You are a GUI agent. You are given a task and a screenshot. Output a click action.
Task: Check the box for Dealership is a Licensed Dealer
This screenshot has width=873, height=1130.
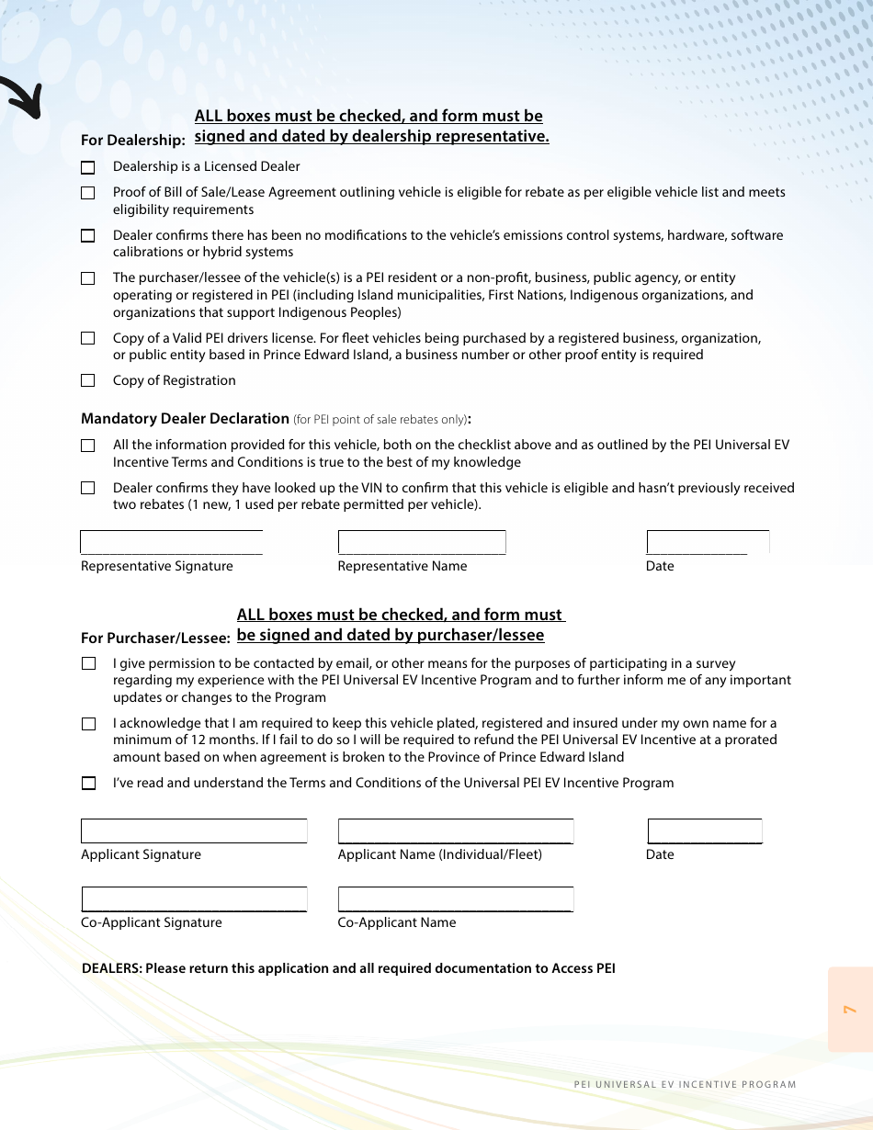tap(87, 167)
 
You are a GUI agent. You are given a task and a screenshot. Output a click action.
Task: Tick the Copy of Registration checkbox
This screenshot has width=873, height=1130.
tap(87, 380)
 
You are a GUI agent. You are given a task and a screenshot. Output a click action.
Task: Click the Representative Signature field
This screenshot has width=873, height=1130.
tap(172, 542)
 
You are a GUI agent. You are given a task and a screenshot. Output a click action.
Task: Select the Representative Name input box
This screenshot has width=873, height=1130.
tap(422, 542)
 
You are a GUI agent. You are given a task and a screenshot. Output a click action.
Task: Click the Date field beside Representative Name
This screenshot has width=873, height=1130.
tap(708, 542)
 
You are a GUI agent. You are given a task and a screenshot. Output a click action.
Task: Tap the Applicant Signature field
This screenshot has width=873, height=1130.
tap(194, 831)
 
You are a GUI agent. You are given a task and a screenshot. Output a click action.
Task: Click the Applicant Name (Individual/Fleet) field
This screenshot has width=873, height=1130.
tap(456, 831)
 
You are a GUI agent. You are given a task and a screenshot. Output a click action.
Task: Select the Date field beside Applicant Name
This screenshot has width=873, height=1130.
tap(705, 831)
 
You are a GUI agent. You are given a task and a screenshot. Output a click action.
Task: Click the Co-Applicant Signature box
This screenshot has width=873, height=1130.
tap(194, 898)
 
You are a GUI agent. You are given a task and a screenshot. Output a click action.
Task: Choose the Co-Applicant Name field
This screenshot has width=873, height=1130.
tap(456, 898)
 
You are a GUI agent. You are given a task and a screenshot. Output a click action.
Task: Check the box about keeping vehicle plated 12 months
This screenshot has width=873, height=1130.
tap(88, 724)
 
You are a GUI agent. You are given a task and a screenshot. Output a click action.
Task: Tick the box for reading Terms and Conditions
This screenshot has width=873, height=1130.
tap(88, 784)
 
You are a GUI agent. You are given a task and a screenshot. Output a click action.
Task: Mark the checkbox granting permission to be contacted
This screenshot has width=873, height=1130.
tap(88, 663)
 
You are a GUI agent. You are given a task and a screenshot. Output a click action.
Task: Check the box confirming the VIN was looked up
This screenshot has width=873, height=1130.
tap(87, 488)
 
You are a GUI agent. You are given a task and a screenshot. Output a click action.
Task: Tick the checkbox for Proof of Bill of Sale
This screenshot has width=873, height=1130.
tap(87, 193)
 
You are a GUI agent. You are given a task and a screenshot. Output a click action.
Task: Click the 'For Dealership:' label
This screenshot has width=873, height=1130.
tap(133, 141)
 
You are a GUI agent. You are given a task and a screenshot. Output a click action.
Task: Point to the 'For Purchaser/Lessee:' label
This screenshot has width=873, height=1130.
tap(155, 638)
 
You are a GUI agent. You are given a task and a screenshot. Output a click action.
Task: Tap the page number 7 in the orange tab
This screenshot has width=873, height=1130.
tap(850, 1010)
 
